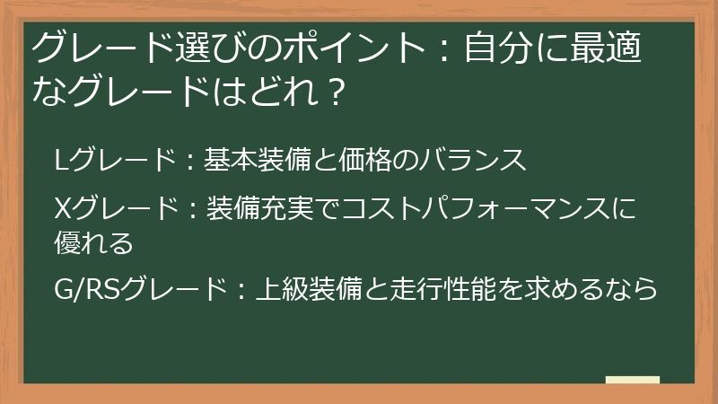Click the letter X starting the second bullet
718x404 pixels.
coord(62,209)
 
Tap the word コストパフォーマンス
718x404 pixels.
coord(468,209)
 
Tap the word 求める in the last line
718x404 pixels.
coord(563,290)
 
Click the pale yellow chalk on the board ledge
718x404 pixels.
coord(632,379)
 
